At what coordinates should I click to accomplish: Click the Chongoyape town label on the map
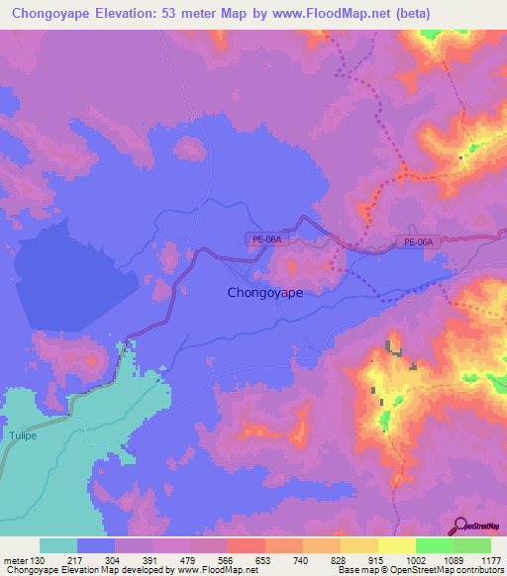pyautogui.click(x=265, y=293)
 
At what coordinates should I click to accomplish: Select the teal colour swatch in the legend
pyautogui.click(x=58, y=546)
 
